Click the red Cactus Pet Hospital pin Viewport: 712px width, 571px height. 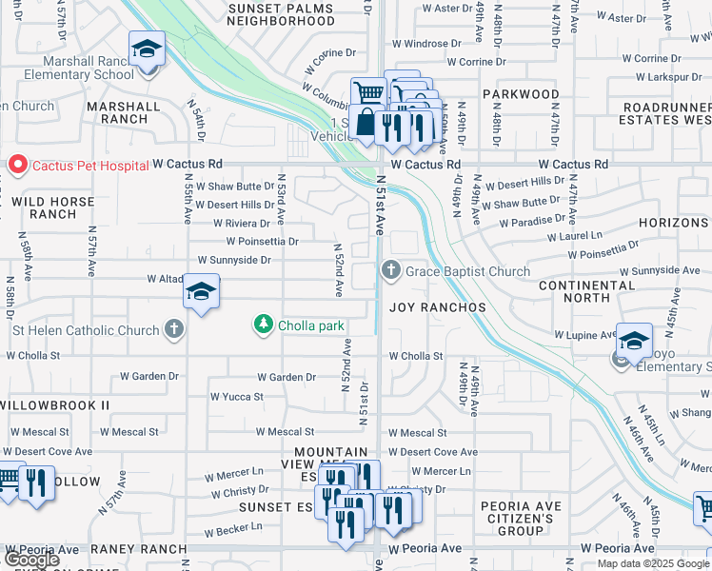(17, 165)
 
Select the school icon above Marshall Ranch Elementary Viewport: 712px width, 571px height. (148, 49)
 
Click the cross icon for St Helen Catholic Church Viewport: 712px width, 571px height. (173, 330)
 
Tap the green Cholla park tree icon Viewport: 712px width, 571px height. (264, 325)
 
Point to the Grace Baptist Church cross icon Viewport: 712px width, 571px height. (390, 271)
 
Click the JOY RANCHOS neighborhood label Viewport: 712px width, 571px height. (438, 307)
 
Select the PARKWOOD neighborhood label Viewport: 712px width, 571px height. (520, 94)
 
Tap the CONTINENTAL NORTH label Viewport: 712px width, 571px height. (586, 292)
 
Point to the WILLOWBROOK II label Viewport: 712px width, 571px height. (54, 404)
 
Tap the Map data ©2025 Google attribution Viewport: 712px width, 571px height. (653, 563)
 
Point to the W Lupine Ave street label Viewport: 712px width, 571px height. (585, 335)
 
